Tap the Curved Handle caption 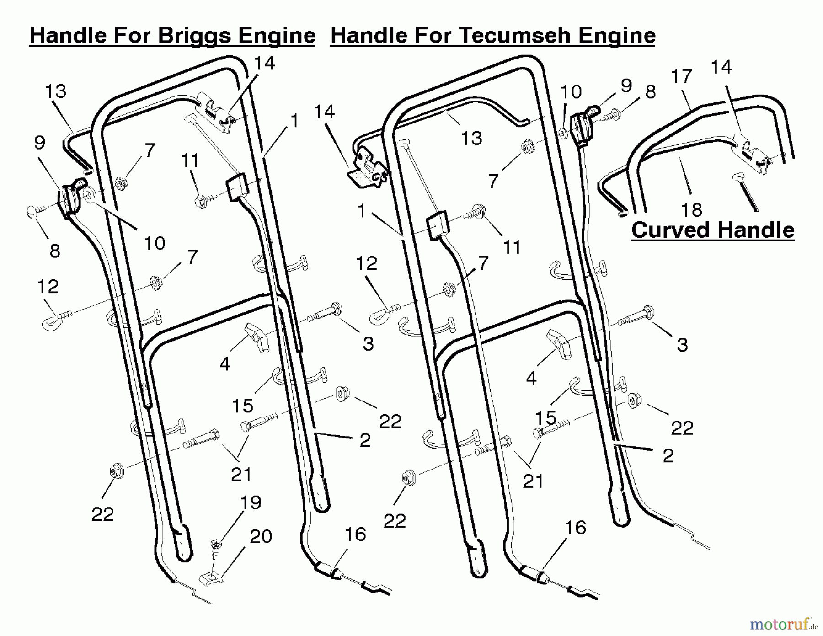click(x=713, y=230)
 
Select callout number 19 click(x=251, y=502)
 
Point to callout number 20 click(x=261, y=536)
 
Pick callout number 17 click(x=682, y=76)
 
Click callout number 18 click(x=691, y=210)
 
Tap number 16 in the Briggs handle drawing click(x=355, y=534)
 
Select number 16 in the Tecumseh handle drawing click(x=575, y=528)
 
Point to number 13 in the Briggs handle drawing click(x=55, y=91)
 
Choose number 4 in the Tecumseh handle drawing click(x=531, y=378)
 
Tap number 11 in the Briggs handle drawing click(x=190, y=161)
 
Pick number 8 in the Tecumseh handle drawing click(x=650, y=91)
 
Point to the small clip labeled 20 click(x=211, y=578)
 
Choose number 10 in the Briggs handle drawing click(x=154, y=243)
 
